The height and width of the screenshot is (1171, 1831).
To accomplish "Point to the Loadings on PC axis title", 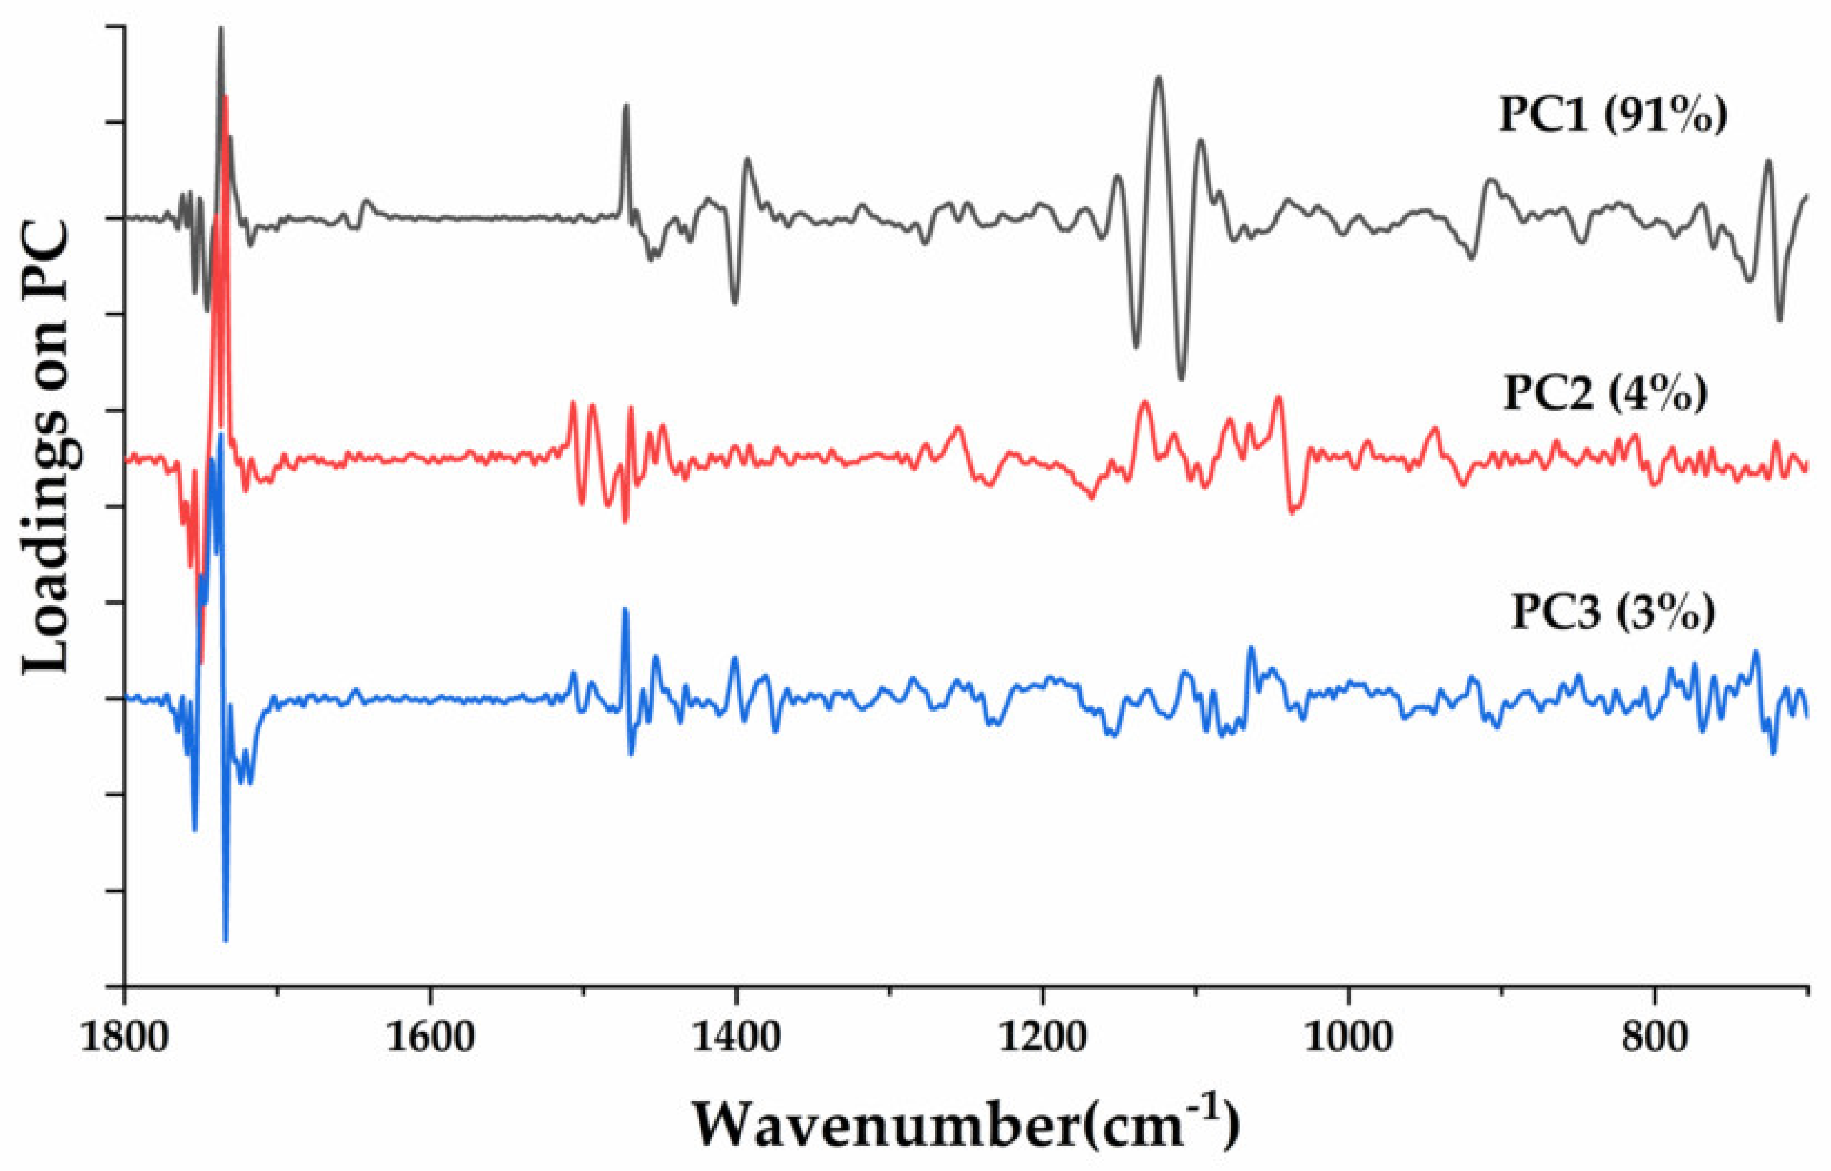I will click(47, 448).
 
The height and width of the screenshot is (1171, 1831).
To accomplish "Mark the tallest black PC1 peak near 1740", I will click(221, 29).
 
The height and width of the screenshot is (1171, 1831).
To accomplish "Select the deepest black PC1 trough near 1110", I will click(1181, 378).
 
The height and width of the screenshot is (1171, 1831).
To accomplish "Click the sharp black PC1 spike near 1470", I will click(626, 106).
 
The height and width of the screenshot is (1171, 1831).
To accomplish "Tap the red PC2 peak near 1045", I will click(1278, 397).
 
